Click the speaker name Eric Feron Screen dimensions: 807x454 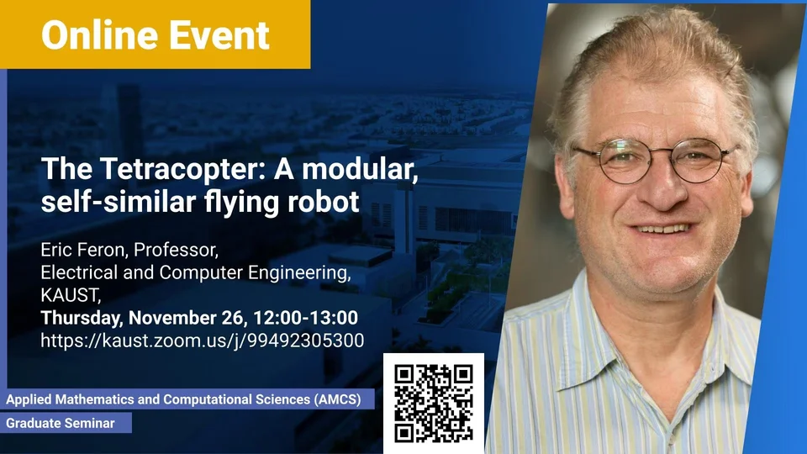pyautogui.click(x=83, y=250)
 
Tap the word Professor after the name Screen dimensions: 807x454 pyautogui.click(x=176, y=251)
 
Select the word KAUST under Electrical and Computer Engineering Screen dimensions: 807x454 pyautogui.click(x=71, y=295)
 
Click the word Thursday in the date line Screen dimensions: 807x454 pyautogui.click(x=82, y=318)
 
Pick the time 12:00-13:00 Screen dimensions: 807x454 pyautogui.click(x=305, y=318)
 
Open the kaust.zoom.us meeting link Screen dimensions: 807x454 pyautogui.click(x=203, y=340)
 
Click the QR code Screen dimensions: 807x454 pyautogui.click(x=434, y=403)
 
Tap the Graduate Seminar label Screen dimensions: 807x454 pyautogui.click(x=61, y=423)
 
